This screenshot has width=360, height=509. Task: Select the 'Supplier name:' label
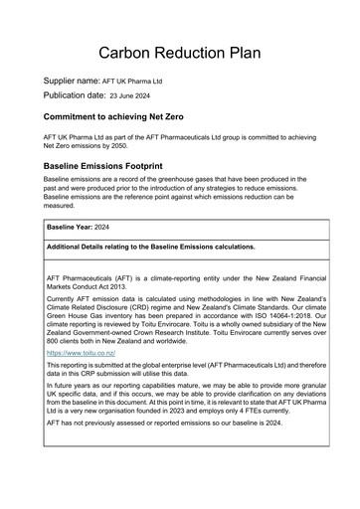72,80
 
